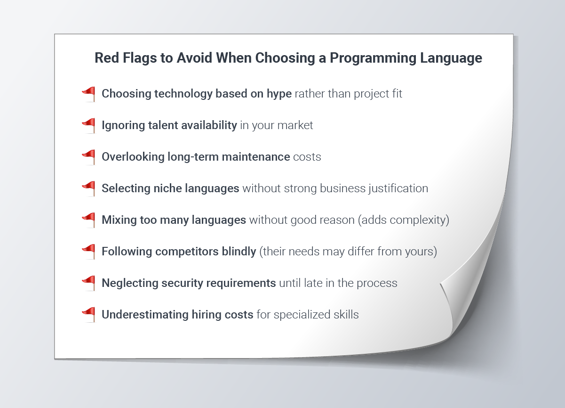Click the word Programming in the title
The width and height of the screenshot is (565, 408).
pyautogui.click(x=373, y=58)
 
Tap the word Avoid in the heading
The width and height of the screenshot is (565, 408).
pyautogui.click(x=194, y=58)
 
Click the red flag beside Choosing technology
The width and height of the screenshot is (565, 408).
pyautogui.click(x=89, y=94)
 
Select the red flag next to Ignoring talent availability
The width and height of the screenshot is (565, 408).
pyautogui.click(x=89, y=126)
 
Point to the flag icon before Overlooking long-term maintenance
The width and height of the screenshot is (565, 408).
pyautogui.click(x=89, y=157)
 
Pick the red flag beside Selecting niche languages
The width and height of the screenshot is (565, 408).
pyautogui.click(x=89, y=189)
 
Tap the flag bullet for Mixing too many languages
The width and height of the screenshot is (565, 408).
pyautogui.click(x=89, y=220)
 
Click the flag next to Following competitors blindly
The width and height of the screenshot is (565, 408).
pyautogui.click(x=89, y=252)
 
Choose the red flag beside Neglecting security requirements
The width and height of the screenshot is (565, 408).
pyautogui.click(x=89, y=283)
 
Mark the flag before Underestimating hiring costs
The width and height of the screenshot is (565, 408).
pyautogui.click(x=89, y=315)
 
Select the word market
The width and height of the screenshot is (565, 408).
pyautogui.click(x=295, y=125)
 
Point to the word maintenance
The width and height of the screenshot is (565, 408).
pyautogui.click(x=256, y=157)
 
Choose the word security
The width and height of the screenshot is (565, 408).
pyautogui.click(x=182, y=284)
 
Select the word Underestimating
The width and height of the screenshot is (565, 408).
pyautogui.click(x=145, y=315)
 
